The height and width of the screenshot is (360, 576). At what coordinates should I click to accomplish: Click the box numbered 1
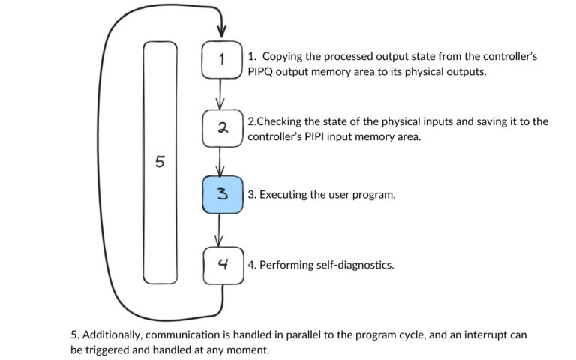pyautogui.click(x=222, y=61)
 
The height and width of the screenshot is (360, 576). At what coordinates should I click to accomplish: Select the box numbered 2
pyautogui.click(x=222, y=128)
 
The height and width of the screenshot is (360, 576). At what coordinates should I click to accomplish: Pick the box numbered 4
pyautogui.click(x=223, y=265)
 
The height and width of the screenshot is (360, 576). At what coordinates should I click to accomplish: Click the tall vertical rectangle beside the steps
pyautogui.click(x=160, y=163)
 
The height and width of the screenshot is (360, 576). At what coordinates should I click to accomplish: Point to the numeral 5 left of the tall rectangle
pyautogui.click(x=159, y=162)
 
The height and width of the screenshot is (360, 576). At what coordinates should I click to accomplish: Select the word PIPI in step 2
pyautogui.click(x=320, y=137)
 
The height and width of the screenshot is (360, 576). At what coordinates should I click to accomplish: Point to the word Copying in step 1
pyautogui.click(x=282, y=57)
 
